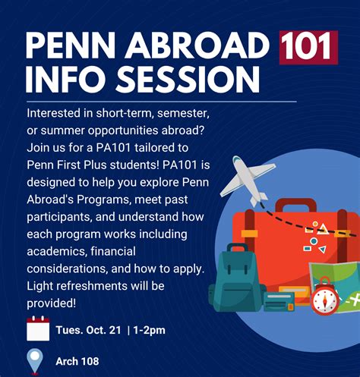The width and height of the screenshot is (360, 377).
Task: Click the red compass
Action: [x=323, y=297]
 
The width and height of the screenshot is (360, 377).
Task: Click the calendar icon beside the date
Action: [x=37, y=329]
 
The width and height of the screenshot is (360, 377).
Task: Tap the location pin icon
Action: [x=35, y=361]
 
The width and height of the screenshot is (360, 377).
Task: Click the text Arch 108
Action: [x=77, y=361]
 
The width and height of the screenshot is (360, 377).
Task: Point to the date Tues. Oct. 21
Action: [x=88, y=330]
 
